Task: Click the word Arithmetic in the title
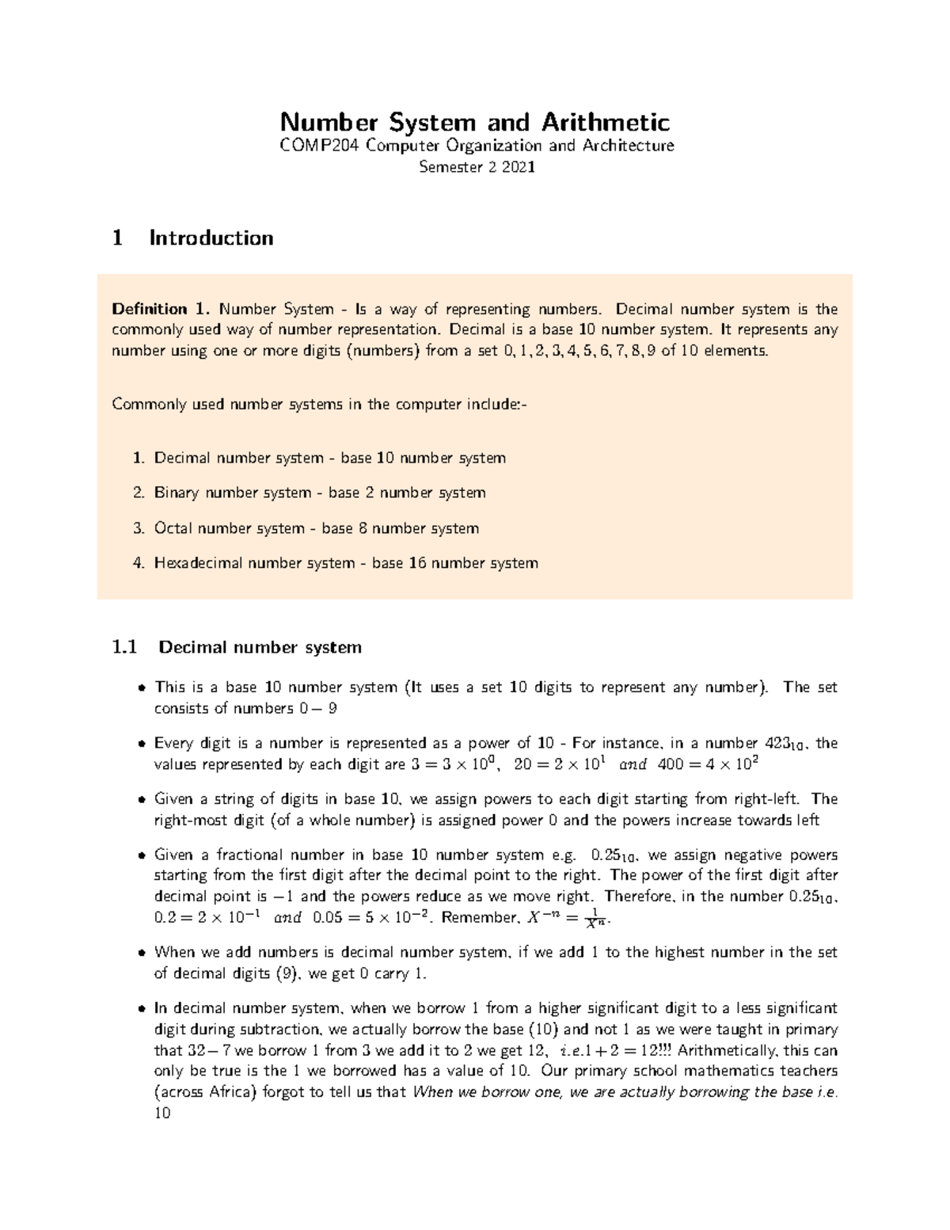[605, 123]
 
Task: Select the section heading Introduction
[211, 238]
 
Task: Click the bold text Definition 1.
[161, 309]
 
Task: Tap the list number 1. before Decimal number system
[139, 458]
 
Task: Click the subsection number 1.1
[125, 647]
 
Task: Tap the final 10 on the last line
[162, 1113]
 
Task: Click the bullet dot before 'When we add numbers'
[141, 953]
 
